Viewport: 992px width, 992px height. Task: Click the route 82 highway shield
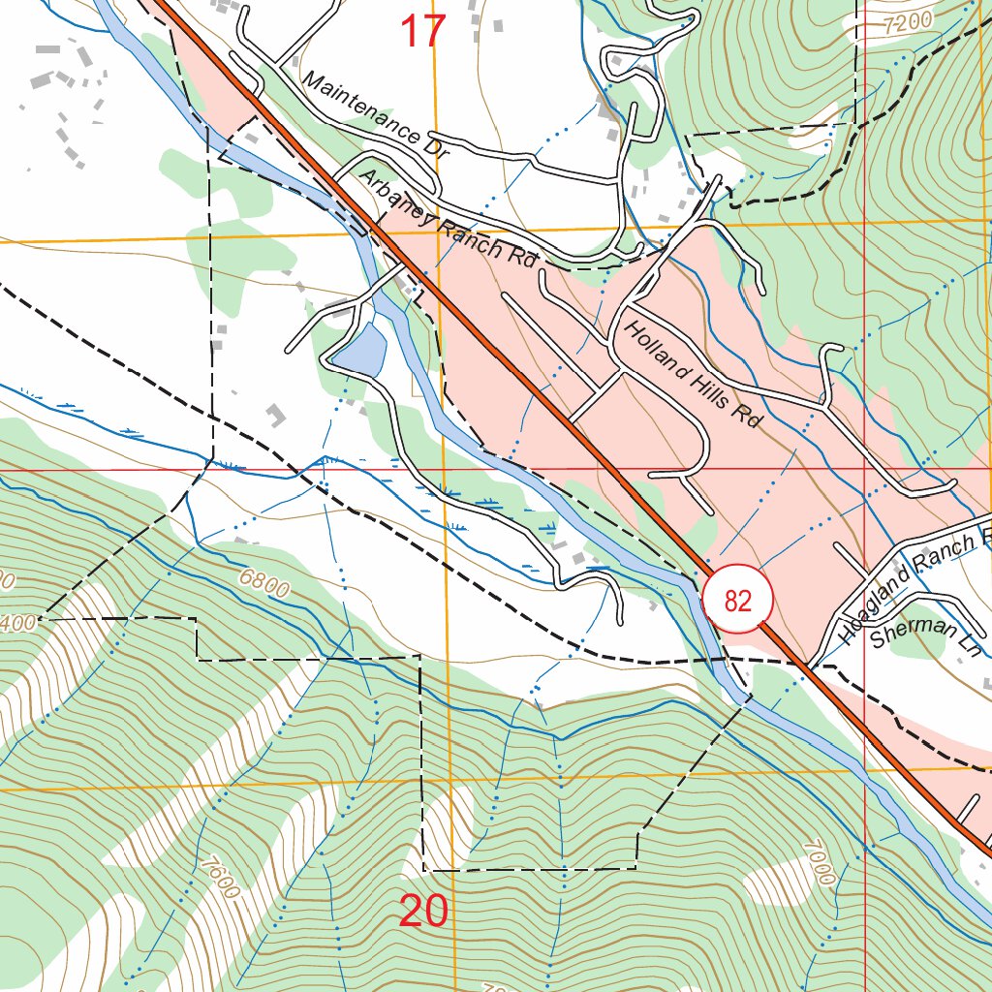point(737,601)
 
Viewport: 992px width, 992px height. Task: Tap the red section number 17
point(423,32)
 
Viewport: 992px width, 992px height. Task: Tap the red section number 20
point(423,912)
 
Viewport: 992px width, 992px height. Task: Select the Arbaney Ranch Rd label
point(447,219)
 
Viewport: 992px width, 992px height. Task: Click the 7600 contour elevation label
point(221,877)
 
